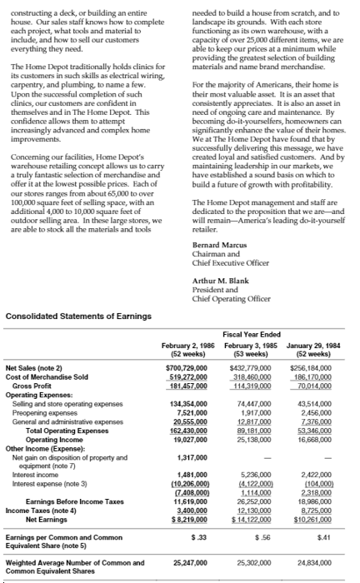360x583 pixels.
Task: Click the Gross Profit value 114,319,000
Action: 256,385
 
